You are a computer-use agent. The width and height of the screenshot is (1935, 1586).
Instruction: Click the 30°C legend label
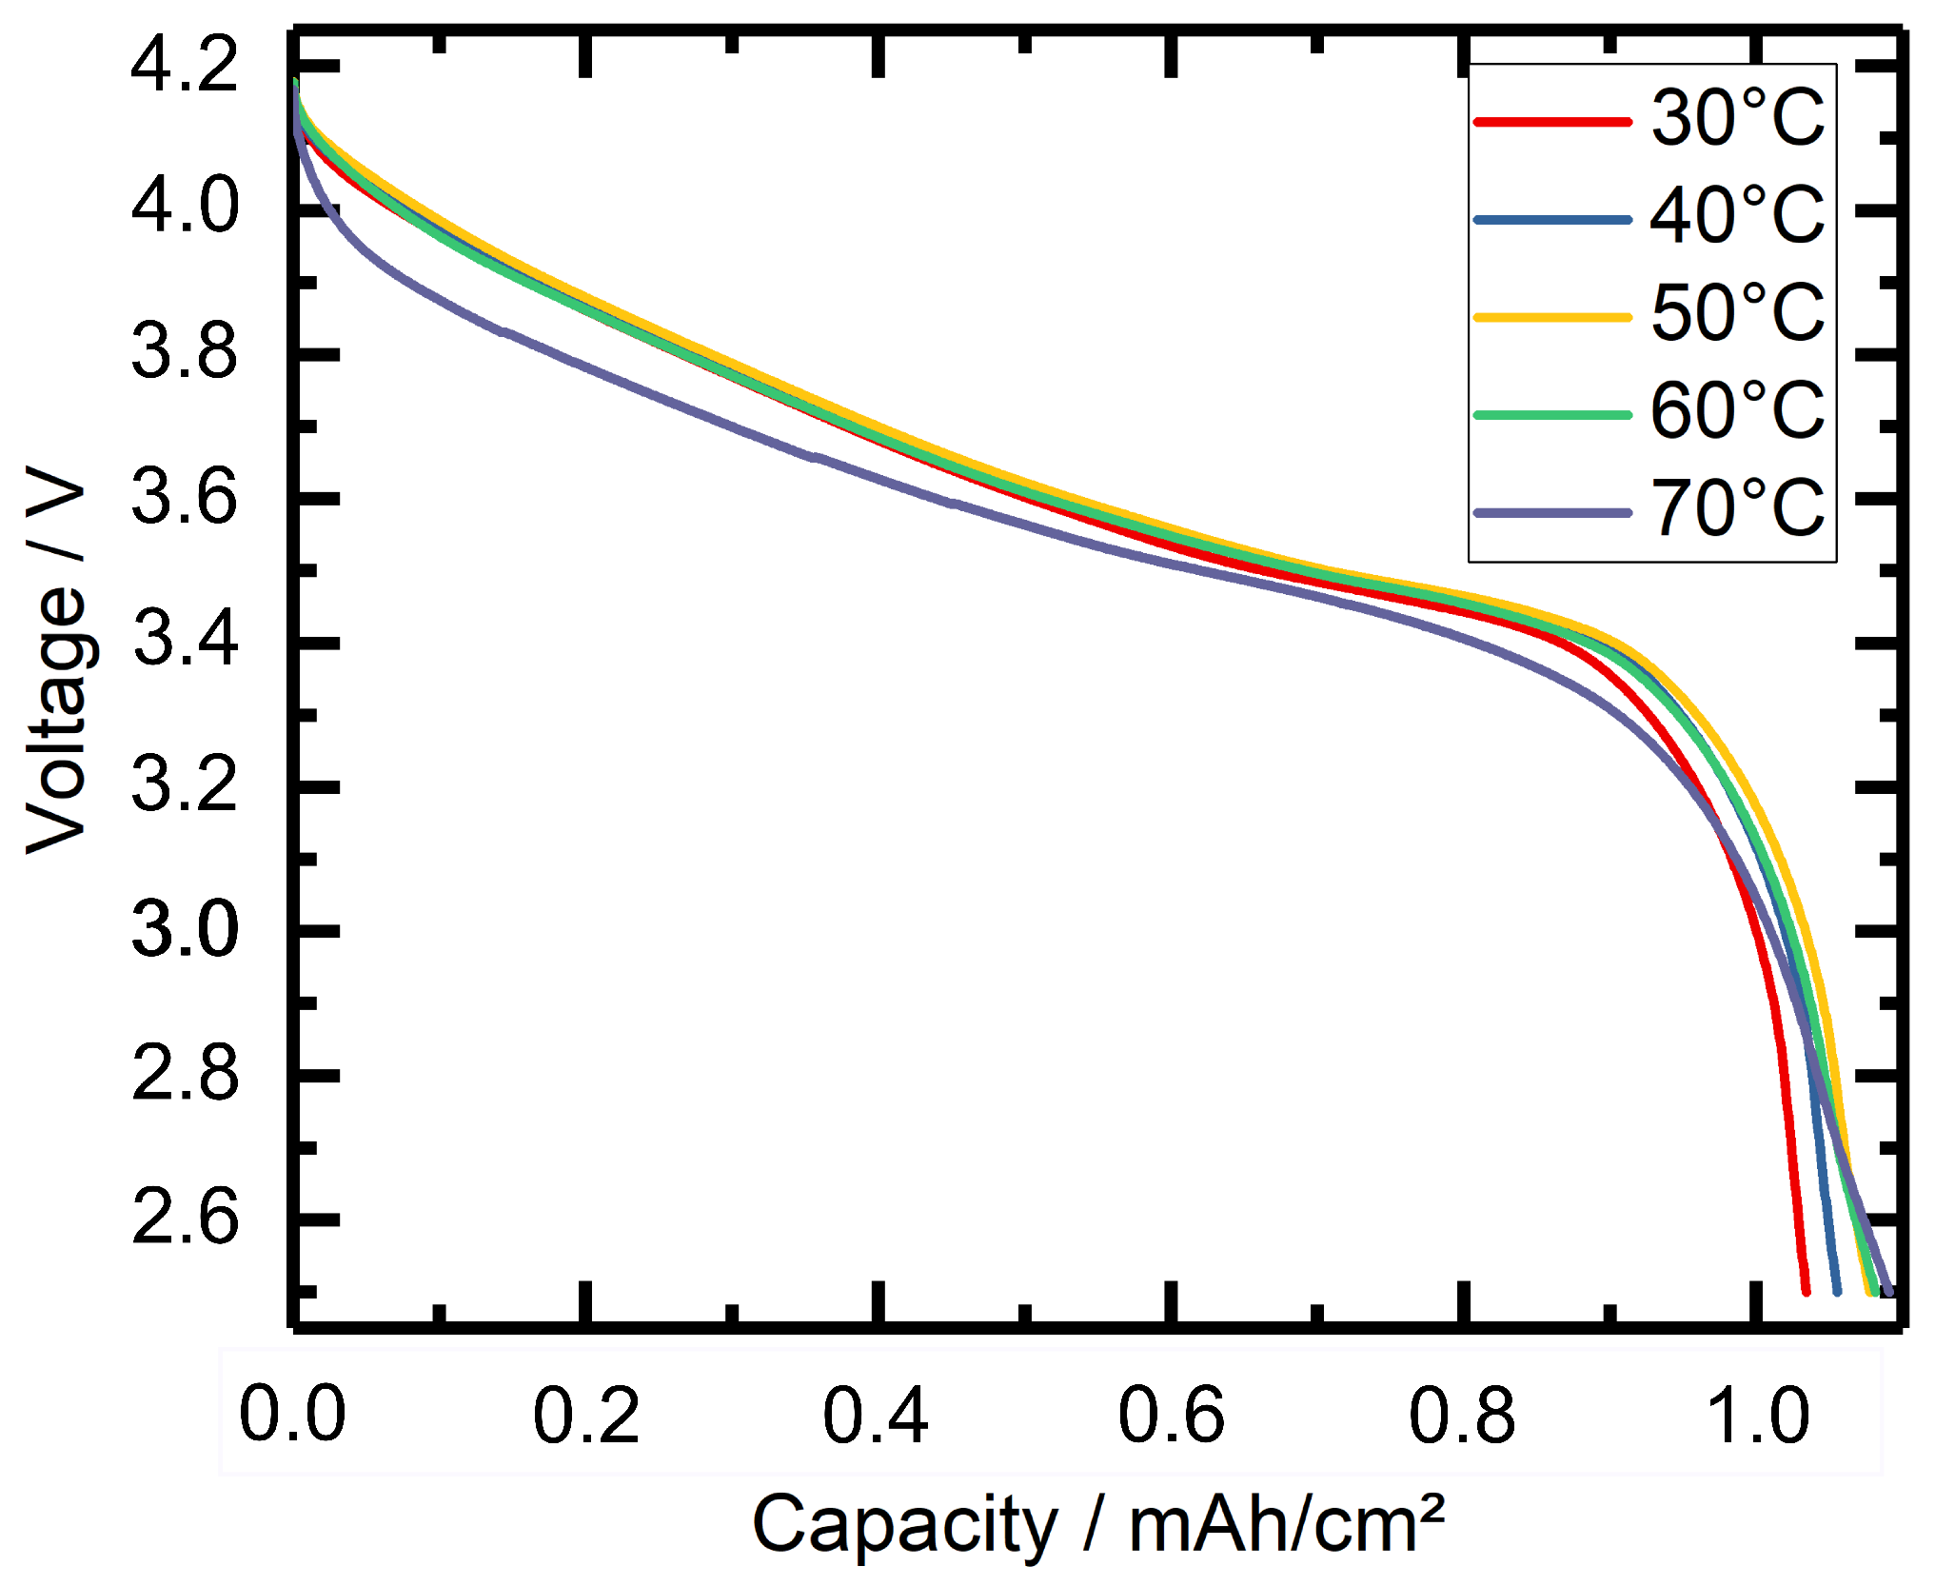point(1737,118)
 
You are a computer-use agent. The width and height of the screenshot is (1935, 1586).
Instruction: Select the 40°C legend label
point(1737,216)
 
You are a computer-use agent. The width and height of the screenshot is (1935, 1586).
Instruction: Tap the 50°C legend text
point(1737,313)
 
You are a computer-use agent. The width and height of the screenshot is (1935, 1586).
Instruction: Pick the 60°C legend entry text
point(1737,411)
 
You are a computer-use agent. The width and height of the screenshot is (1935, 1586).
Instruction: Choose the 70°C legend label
point(1737,509)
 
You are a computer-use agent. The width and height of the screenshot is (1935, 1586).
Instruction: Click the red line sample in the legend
point(1552,122)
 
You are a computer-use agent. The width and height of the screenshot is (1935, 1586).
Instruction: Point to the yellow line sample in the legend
point(1552,317)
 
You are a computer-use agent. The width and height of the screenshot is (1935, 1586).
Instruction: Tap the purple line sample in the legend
point(1552,513)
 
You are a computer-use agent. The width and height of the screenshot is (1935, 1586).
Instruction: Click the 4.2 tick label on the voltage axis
point(185,66)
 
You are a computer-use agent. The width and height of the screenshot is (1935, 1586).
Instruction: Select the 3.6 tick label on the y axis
point(185,499)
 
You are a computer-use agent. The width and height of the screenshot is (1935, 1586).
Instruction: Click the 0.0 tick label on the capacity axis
point(292,1416)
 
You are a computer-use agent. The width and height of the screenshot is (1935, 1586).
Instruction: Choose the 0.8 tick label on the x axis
point(1462,1416)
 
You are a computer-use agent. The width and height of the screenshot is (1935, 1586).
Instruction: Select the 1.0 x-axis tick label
point(1757,1416)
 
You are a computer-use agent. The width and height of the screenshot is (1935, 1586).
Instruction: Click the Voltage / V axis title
point(57,660)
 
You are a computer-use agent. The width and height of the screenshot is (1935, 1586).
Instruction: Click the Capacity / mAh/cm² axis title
point(1098,1526)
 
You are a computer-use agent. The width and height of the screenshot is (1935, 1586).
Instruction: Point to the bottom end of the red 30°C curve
point(1806,1291)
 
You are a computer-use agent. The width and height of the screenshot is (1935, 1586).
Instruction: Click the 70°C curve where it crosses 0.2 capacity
point(585,365)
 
